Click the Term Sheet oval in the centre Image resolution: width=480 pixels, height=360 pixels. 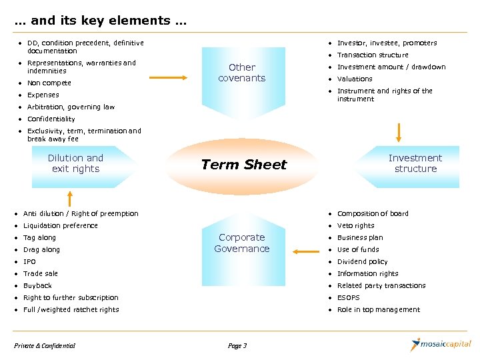[244, 165]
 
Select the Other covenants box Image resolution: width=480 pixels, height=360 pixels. [241, 73]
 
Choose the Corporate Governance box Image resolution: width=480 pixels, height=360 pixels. [241, 243]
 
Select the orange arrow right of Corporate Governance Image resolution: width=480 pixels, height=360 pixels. [306, 251]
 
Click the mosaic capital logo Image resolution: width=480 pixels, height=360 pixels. [441, 345]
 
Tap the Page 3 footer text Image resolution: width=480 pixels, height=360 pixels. [237, 345]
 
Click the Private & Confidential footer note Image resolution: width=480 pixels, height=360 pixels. [45, 345]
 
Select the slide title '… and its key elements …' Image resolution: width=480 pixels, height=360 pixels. [100, 21]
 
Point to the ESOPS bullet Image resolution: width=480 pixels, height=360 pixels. [349, 297]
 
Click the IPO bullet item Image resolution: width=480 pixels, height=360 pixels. [29, 261]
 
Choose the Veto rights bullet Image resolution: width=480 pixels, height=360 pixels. [355, 225]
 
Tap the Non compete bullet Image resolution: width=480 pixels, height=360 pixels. [49, 83]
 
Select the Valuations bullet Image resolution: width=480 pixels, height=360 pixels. [355, 79]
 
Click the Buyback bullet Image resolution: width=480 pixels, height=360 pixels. [37, 285]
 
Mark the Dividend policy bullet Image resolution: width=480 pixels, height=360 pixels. [362, 261]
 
